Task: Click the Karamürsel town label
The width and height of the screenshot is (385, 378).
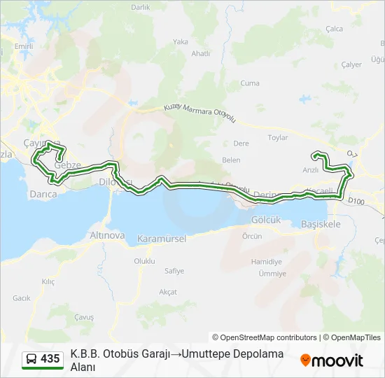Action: tap(162, 239)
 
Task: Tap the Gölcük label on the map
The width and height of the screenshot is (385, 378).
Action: tap(265, 219)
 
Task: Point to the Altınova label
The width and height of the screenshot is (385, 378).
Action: tap(107, 236)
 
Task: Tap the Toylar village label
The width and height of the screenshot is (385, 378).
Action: tap(278, 138)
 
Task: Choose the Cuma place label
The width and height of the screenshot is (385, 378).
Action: tap(250, 83)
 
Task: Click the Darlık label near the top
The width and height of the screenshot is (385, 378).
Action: tap(141, 7)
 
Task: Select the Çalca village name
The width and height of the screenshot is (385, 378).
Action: tap(335, 29)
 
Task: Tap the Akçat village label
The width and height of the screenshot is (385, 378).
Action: tap(168, 291)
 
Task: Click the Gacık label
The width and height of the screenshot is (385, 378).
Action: tap(21, 298)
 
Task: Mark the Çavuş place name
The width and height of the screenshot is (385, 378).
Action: tap(84, 317)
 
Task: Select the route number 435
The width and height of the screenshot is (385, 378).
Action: tap(50, 359)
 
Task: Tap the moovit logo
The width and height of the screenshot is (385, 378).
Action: tap(332, 360)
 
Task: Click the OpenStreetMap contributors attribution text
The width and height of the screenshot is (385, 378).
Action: tap(265, 337)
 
